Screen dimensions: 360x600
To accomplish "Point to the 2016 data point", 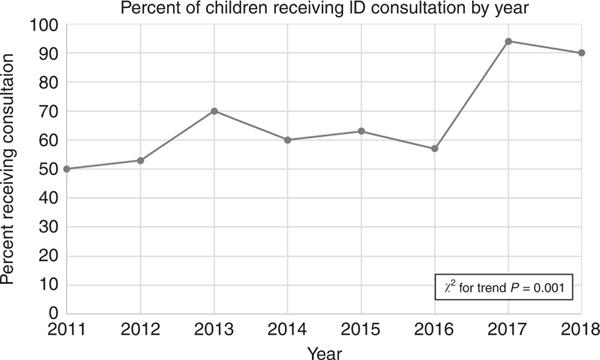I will click(436, 148).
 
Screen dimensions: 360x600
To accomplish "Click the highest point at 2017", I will click(510, 41).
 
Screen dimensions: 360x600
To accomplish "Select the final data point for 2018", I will click(582, 53).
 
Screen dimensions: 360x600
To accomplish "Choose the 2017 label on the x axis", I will click(510, 330).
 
